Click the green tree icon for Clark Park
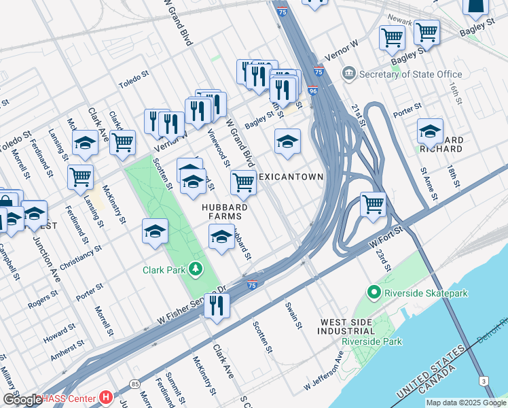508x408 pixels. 196,270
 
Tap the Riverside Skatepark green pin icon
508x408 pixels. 374,293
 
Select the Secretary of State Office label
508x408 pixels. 402,74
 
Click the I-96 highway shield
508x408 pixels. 312,90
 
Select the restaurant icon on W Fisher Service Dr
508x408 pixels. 217,306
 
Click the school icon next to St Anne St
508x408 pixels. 430,131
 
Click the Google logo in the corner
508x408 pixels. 22,399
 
